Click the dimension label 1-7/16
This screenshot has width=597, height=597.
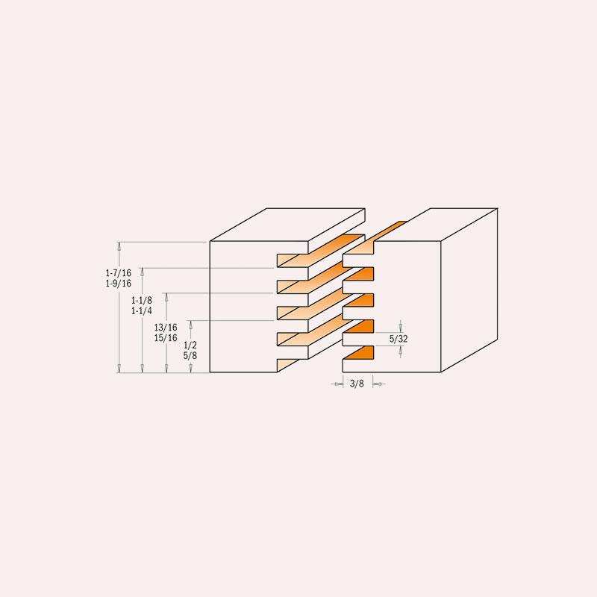click(x=119, y=273)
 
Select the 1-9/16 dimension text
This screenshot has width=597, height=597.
click(x=119, y=284)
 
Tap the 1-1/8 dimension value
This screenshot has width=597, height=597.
click(x=142, y=301)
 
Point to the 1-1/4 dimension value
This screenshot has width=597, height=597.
click(x=142, y=311)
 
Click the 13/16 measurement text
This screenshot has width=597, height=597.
click(x=166, y=328)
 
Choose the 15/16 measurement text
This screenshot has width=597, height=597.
click(x=166, y=338)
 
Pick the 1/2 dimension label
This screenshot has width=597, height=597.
click(x=190, y=346)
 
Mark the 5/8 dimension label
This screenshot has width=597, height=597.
click(x=190, y=356)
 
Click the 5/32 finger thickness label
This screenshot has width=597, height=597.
click(x=398, y=339)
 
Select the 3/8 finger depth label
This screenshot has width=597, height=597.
click(x=357, y=384)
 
